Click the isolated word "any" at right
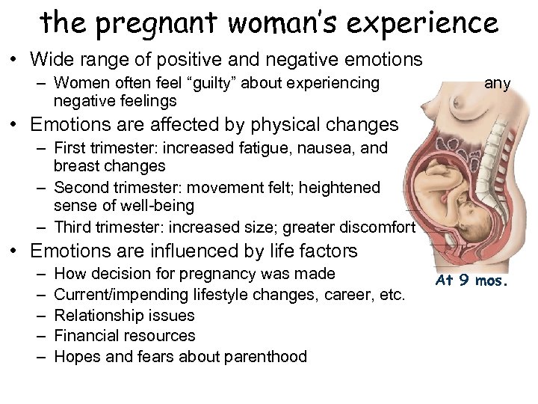click(497, 83)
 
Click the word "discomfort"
click(377, 226)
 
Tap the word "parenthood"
click(267, 356)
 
